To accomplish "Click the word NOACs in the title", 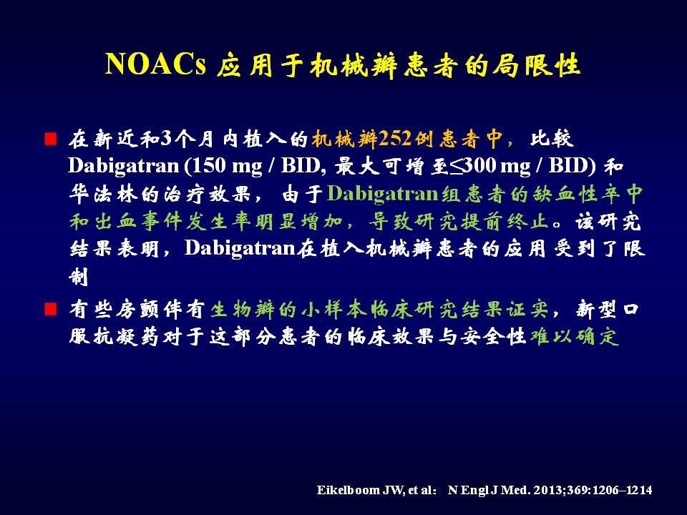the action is click(x=155, y=65).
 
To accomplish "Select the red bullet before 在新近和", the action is click(x=51, y=139).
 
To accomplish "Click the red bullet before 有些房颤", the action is click(x=51, y=309).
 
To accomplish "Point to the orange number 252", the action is click(x=395, y=139).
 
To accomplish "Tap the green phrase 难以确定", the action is click(x=574, y=336).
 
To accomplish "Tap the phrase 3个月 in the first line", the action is click(x=187, y=139).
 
